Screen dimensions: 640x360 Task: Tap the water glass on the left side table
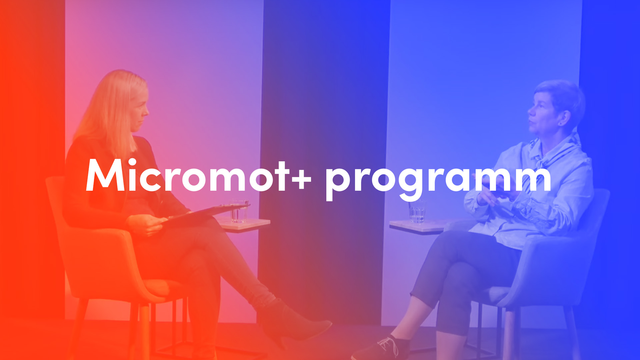pos(239,211)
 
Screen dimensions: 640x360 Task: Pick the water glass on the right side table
pos(417,211)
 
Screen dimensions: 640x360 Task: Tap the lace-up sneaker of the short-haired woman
pos(380,348)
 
